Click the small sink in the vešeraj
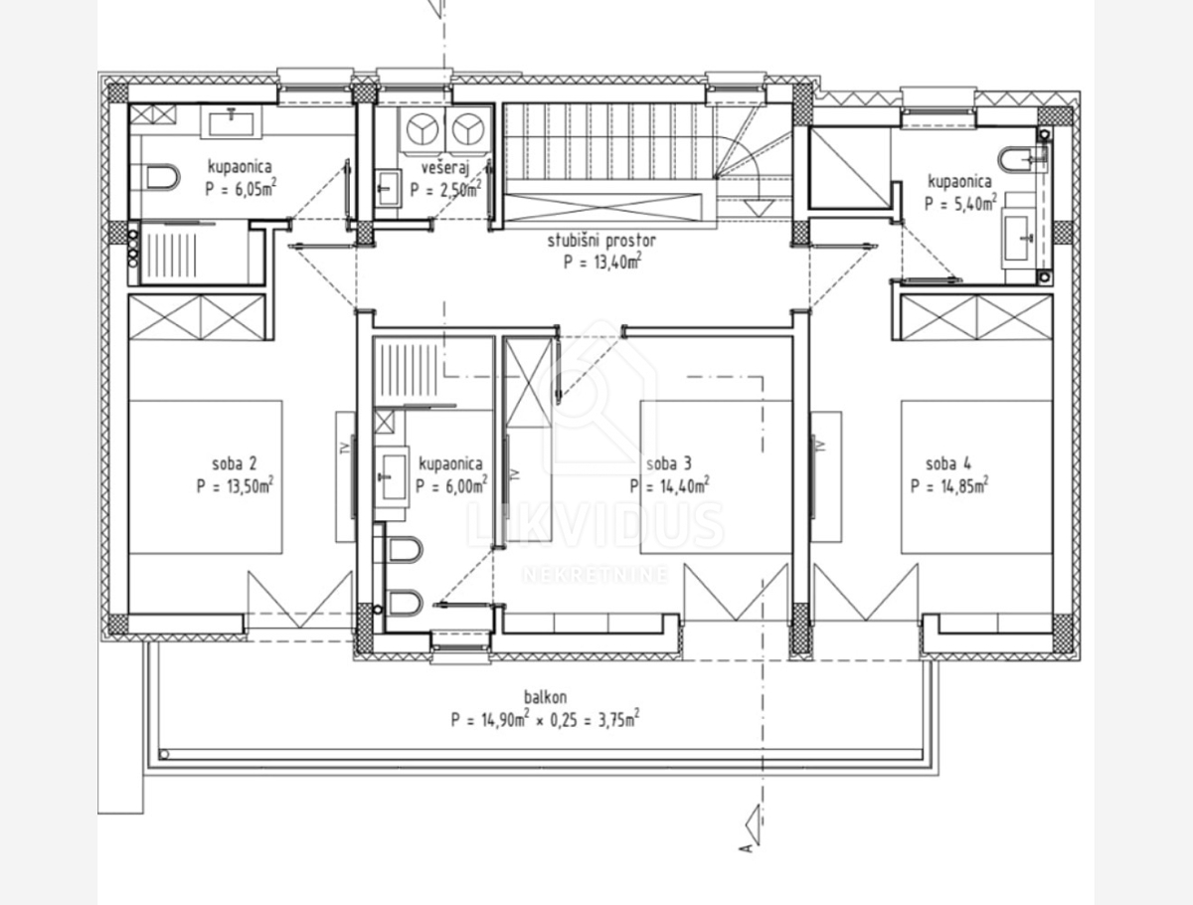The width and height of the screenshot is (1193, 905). tap(388, 188)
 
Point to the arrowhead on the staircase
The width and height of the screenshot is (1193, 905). tap(760, 207)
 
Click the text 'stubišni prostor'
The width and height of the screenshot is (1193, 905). tap(601, 241)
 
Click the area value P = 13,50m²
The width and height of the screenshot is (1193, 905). tap(236, 486)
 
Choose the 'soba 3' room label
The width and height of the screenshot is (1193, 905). tap(668, 463)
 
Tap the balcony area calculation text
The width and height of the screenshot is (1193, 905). tap(544, 719)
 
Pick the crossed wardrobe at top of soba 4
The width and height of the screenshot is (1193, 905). tap(975, 317)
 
